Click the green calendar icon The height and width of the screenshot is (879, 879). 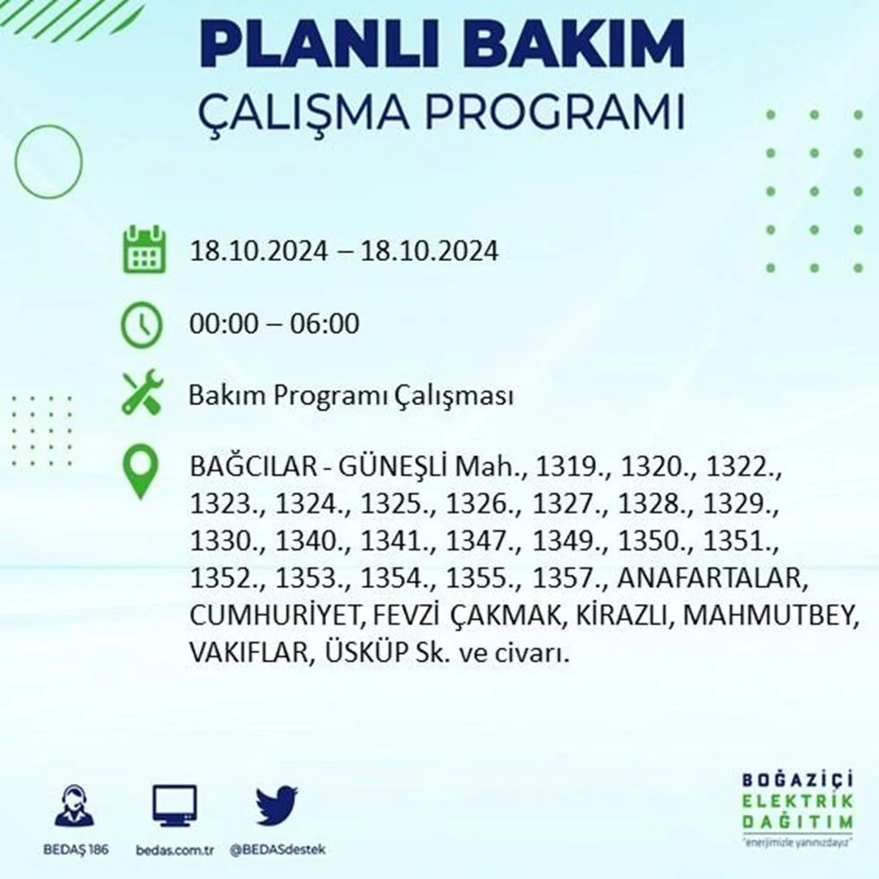tap(145, 250)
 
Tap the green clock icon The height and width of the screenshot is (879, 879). tap(142, 325)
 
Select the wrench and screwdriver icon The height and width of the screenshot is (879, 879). tap(142, 392)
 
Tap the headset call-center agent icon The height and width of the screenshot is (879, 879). tap(75, 806)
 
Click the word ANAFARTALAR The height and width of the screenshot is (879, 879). tap(712, 578)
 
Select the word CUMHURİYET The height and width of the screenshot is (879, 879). tap(277, 615)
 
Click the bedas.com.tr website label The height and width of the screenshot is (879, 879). tap(174, 850)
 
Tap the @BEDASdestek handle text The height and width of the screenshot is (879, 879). tap(278, 850)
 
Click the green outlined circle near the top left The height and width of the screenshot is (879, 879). tap(48, 161)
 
